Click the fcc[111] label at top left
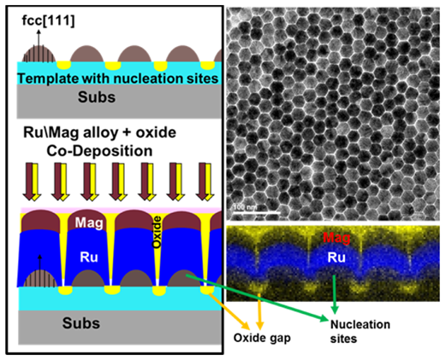(48, 21)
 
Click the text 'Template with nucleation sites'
(118, 79)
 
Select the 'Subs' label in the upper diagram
(97, 97)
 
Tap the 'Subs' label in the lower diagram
(81, 323)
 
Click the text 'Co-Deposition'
(99, 151)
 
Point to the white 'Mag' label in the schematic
(89, 222)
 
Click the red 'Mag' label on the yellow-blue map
(336, 238)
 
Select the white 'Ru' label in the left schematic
(89, 257)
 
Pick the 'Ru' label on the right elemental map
(336, 257)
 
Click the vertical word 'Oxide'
(157, 232)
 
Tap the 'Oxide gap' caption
(262, 338)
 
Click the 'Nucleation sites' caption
(360, 332)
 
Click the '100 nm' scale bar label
(244, 207)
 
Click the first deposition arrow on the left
(32, 182)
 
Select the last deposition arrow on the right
(205, 182)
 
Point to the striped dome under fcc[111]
(39, 54)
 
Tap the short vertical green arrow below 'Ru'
(335, 295)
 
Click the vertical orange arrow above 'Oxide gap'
(259, 311)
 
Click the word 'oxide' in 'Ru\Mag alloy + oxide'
(156, 133)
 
